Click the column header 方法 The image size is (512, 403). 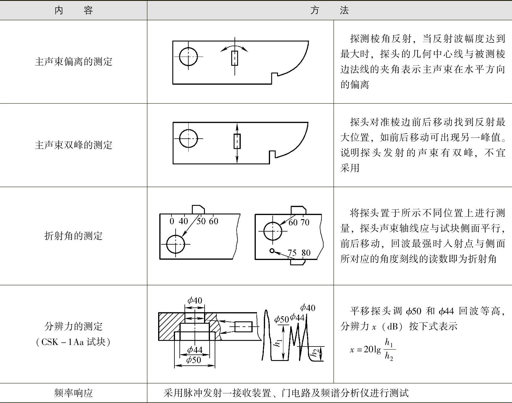tap(329, 11)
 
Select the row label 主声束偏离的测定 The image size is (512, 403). tap(73, 62)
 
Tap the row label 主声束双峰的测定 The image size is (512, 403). tap(73, 145)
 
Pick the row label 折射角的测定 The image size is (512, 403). tap(73, 236)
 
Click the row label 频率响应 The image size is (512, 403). tap(73, 393)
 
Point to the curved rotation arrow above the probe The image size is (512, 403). tap(234, 47)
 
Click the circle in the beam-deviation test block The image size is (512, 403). tap(188, 57)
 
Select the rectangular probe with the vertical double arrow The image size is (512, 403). tap(237, 141)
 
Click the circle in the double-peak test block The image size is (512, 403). tap(188, 138)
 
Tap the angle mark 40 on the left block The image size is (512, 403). tap(183, 221)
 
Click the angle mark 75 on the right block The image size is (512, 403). tap(292, 253)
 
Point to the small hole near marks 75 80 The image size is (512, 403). tap(272, 251)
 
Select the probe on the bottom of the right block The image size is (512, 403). tap(297, 262)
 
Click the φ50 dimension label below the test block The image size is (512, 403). tap(194, 360)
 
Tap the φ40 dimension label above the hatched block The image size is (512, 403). tap(195, 301)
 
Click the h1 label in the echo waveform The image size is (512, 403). tap(278, 343)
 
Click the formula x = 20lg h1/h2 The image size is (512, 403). tap(372, 350)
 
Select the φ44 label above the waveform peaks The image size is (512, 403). tap(297, 318)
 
